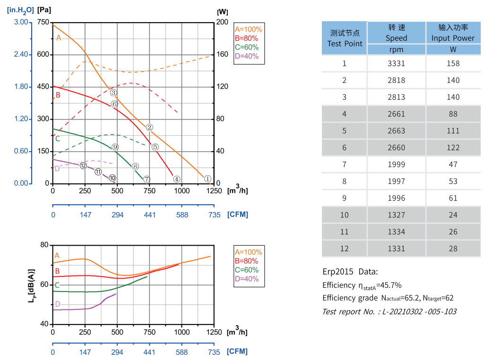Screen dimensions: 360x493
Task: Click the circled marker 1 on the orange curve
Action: [x=207, y=179]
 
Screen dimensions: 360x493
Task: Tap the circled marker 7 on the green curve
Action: [x=147, y=179]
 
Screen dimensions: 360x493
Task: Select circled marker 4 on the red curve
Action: [x=176, y=179]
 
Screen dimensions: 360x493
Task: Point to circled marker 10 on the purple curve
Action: [x=112, y=178]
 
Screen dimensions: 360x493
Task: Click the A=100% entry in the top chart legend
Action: [x=248, y=29]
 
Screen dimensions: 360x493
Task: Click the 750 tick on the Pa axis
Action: [x=43, y=22]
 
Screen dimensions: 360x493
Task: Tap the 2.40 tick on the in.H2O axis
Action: [x=21, y=55]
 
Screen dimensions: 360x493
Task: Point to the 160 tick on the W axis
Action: [x=222, y=55]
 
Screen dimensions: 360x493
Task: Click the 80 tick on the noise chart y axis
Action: [x=44, y=245]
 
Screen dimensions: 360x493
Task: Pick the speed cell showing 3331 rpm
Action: [x=396, y=63]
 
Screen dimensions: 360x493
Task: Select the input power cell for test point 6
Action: [x=453, y=147]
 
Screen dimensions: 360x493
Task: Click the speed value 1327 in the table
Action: [x=396, y=215]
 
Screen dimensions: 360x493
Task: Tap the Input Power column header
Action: [x=453, y=33]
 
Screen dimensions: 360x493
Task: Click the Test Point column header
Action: [x=345, y=38]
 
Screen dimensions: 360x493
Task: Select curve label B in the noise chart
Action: [x=57, y=271]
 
